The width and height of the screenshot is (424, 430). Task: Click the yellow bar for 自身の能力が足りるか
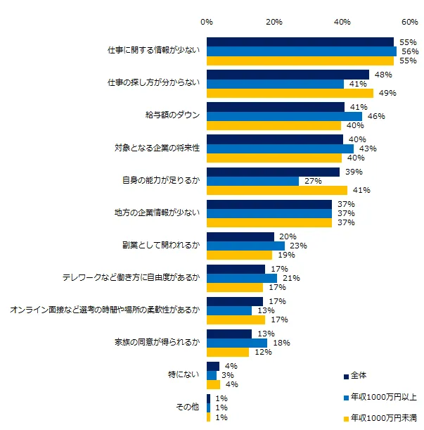277,190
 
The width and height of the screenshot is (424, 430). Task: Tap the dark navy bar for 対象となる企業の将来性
275,139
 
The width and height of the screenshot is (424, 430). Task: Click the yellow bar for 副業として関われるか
239,255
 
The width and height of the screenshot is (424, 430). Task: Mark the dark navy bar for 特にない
213,366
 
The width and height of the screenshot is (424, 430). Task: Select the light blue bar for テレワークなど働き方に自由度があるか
242,278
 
